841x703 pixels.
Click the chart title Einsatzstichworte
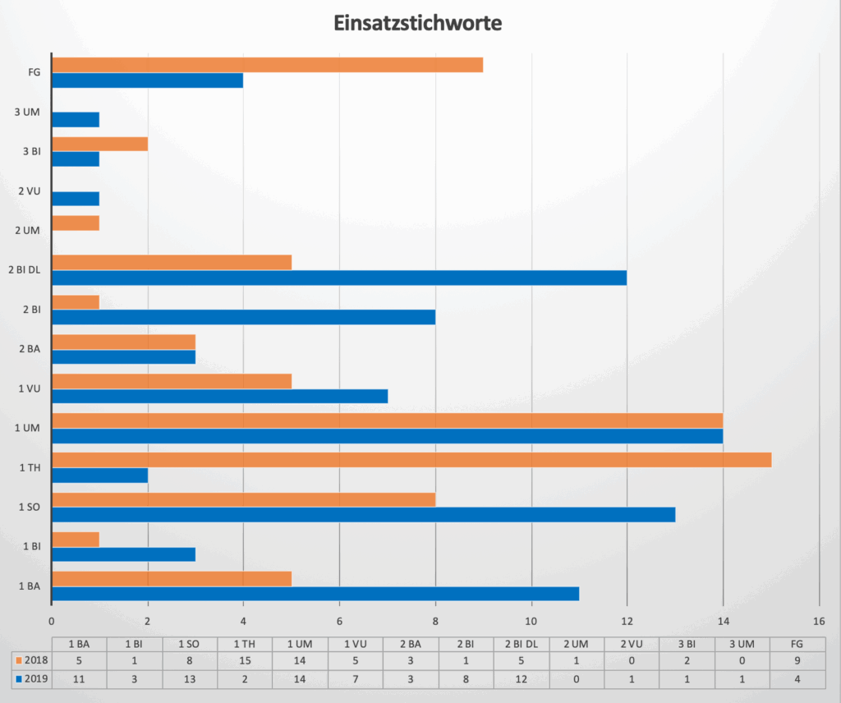click(x=417, y=23)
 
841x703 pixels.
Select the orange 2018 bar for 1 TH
click(x=411, y=460)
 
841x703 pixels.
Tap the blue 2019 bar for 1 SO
click(x=363, y=515)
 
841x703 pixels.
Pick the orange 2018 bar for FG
click(x=267, y=65)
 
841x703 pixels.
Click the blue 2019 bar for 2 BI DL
click(x=339, y=278)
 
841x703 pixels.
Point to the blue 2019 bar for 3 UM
click(x=76, y=120)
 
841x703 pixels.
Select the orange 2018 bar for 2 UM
click(x=76, y=223)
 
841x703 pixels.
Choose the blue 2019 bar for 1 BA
click(x=315, y=594)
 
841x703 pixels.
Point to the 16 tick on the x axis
click(x=819, y=621)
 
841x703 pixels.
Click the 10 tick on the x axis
click(x=531, y=621)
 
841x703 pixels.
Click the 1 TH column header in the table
click(x=245, y=643)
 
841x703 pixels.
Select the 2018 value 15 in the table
click(x=245, y=660)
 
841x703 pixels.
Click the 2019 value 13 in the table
click(x=190, y=679)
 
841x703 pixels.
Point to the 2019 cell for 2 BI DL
click(x=522, y=679)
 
